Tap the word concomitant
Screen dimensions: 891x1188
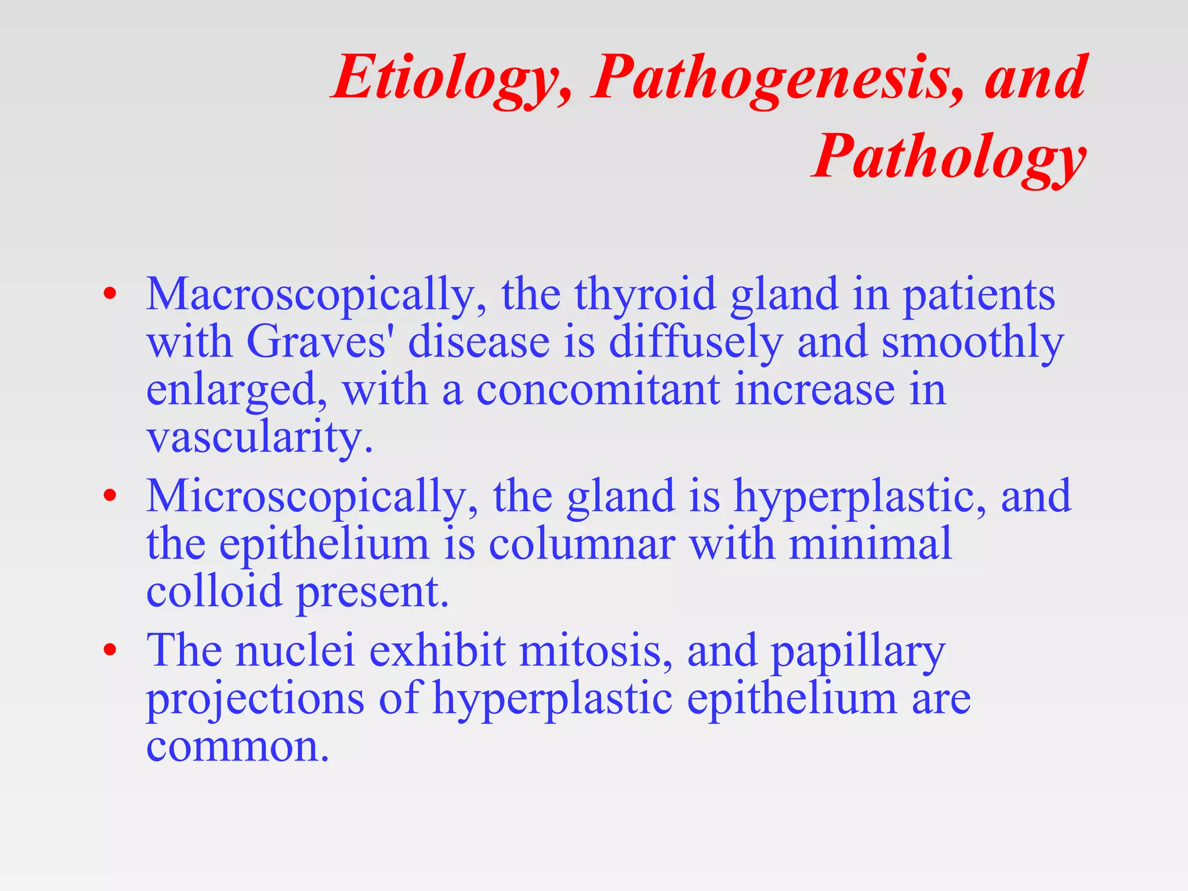[598, 390]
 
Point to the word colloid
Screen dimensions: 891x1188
[214, 592]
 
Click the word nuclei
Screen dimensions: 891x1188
[295, 651]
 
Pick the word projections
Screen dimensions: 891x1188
[255, 700]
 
